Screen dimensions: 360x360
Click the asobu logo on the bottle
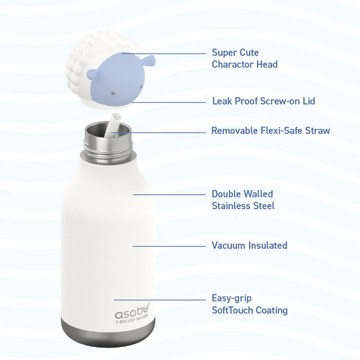pyautogui.click(x=132, y=311)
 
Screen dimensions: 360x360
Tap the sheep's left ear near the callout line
pyautogui.click(x=146, y=60)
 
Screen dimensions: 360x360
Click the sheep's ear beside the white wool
pyautogui.click(x=93, y=73)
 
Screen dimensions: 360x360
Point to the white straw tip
pyautogui.click(x=116, y=118)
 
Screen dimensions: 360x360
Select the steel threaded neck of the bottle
pyautogui.click(x=108, y=143)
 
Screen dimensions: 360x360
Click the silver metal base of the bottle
pyautogui.click(x=108, y=333)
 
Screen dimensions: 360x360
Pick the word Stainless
pyautogui.click(x=231, y=206)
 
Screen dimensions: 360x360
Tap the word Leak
pyautogui.click(x=222, y=101)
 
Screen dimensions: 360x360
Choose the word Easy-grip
pyautogui.click(x=232, y=299)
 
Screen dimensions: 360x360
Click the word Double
pyautogui.click(x=227, y=194)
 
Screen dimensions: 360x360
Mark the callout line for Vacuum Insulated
pyautogui.click(x=169, y=246)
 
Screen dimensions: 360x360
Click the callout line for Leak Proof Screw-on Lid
pyautogui.click(x=168, y=102)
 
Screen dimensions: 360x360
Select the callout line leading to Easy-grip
pyautogui.click(x=160, y=300)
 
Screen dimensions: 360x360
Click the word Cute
pyautogui.click(x=249, y=53)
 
